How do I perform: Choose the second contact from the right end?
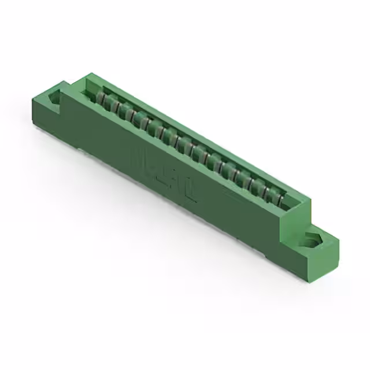(x=268, y=193)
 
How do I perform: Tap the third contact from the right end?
(x=257, y=187)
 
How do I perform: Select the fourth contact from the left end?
(x=136, y=119)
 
